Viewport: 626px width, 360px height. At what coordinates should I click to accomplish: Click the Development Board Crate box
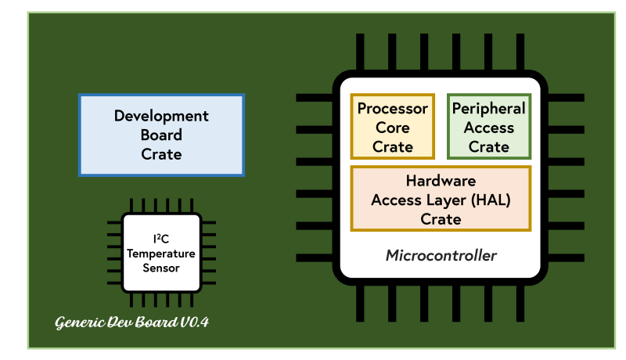161,135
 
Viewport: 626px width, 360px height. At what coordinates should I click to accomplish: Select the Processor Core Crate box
392,127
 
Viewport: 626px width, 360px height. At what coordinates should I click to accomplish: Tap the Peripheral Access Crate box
489,127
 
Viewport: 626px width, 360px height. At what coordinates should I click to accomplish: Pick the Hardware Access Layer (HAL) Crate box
441,199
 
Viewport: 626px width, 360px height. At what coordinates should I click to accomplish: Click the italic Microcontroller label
441,255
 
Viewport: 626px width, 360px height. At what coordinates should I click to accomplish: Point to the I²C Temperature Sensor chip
161,254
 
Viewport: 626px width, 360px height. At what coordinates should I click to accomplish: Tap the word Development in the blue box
161,116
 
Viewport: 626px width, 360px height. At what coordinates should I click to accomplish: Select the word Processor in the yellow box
392,108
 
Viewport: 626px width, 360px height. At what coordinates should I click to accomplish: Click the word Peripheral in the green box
489,108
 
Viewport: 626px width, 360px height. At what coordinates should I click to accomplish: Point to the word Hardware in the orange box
441,181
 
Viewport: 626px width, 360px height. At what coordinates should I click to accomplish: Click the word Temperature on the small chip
161,254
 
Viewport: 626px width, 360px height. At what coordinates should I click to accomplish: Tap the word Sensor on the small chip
161,268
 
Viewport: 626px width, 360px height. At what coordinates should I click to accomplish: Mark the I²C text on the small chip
161,239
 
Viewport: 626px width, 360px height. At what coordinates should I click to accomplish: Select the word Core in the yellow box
392,127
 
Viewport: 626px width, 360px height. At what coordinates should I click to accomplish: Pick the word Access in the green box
489,127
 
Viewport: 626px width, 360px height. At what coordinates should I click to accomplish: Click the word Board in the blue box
161,135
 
